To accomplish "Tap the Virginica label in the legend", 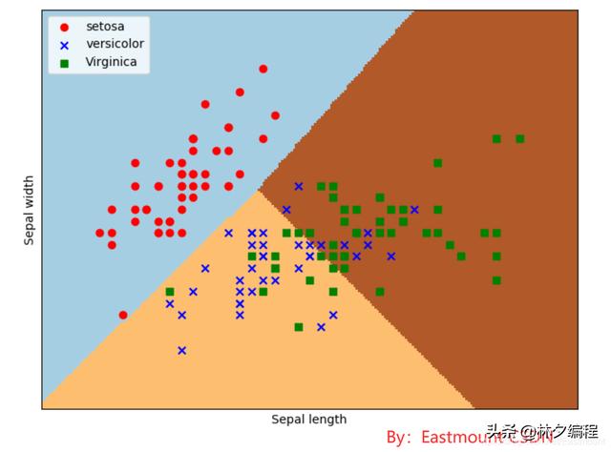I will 112,62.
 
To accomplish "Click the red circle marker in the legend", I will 65,27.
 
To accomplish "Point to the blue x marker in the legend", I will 65,45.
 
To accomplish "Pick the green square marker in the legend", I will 65,63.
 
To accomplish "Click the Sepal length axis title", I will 308,420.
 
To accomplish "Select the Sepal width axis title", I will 30,210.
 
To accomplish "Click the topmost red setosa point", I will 263,69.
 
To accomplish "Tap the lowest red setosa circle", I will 123,315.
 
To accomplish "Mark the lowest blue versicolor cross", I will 181,350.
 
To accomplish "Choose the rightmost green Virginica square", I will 520,138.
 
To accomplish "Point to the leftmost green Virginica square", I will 170,292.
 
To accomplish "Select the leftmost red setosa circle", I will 100,233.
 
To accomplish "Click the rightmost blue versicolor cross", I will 414,210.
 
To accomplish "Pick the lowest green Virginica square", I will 299,327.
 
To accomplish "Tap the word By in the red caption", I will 397,437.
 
